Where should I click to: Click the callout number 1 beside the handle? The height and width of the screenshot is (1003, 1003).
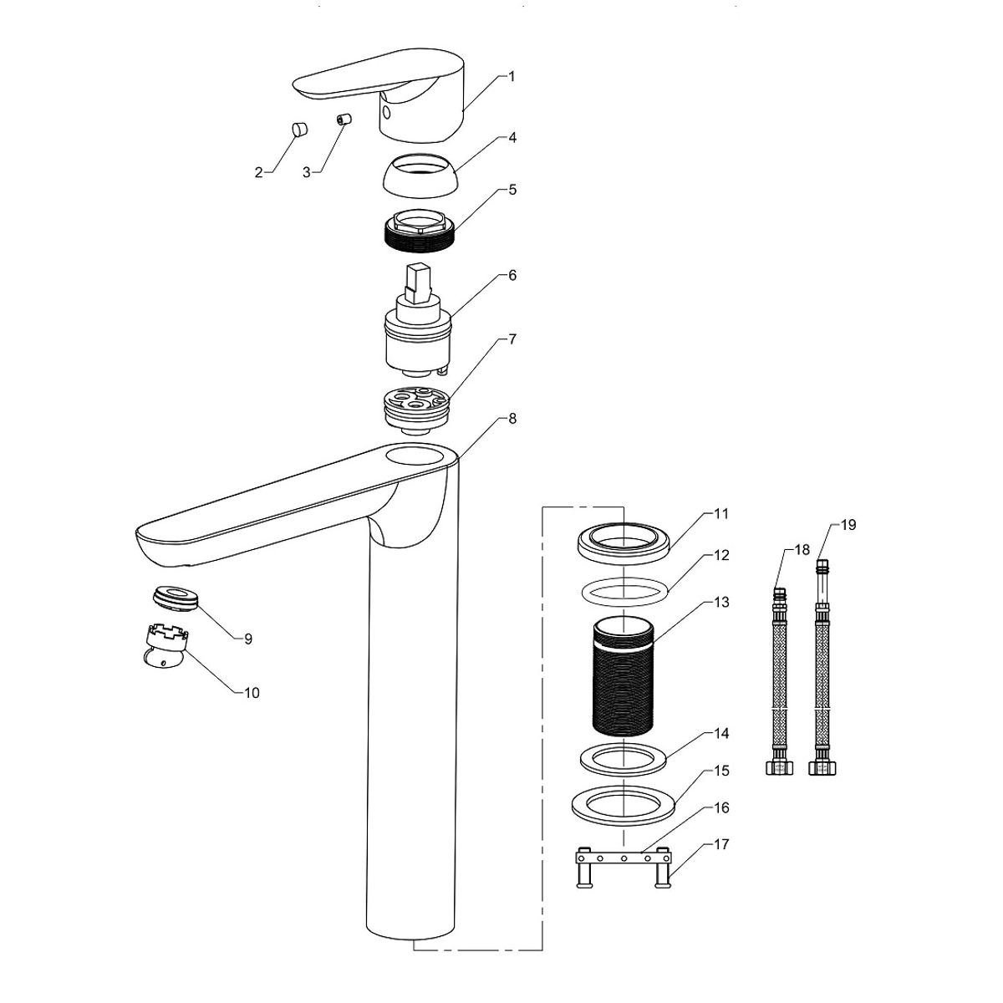point(512,77)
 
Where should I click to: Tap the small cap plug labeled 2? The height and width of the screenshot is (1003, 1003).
point(300,129)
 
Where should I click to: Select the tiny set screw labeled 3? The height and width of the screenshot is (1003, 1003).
point(343,120)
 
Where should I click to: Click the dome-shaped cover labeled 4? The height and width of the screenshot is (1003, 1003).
point(421,176)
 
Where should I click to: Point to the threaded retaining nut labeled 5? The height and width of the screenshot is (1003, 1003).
point(420,231)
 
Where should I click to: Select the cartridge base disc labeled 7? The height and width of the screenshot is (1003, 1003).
point(415,410)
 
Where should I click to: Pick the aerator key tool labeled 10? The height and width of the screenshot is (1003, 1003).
point(165,647)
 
